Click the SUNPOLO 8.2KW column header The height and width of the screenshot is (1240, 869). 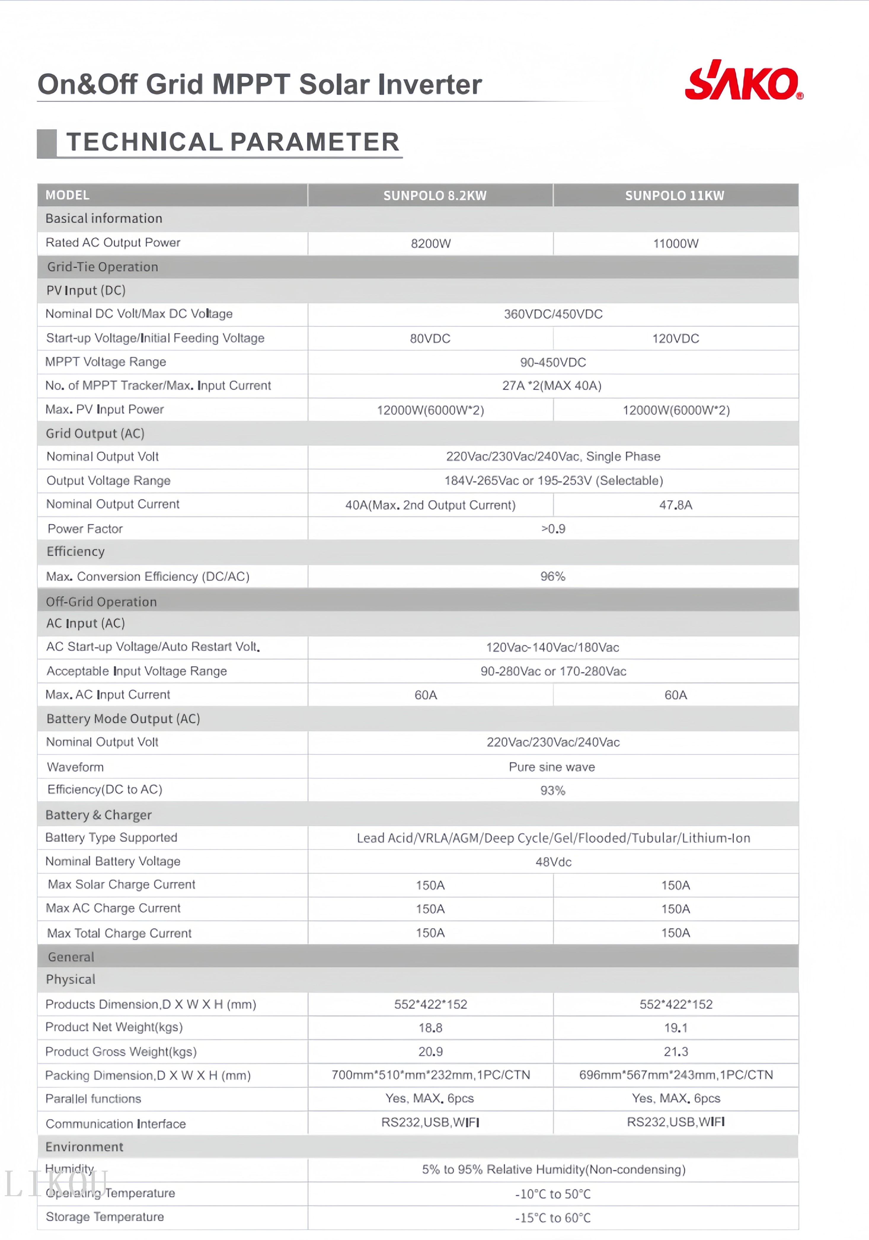435,196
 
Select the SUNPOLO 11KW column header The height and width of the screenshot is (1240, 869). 675,196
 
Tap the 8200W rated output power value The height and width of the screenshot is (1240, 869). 430,244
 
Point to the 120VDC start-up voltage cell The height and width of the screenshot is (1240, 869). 675,339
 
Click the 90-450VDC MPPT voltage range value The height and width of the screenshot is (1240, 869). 552,362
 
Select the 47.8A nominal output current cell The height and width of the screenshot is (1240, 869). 675,505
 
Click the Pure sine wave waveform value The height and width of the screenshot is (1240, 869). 552,767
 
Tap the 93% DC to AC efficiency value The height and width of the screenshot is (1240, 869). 552,791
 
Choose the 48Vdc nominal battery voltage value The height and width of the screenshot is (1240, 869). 553,862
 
